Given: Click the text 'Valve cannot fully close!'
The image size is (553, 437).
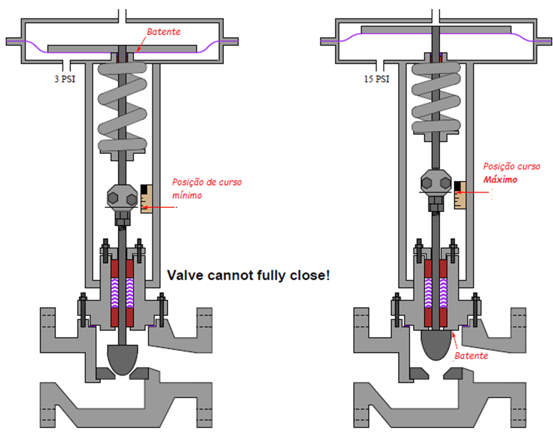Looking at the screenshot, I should (x=248, y=274).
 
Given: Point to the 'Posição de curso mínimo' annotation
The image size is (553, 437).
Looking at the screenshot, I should (x=206, y=189).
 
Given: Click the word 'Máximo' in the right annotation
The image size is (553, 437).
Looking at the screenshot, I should (x=500, y=180).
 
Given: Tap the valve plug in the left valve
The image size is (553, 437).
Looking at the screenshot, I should (x=123, y=358).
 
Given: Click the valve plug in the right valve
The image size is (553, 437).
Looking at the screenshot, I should (x=437, y=344).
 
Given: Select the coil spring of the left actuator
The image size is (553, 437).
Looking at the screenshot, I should (x=122, y=106).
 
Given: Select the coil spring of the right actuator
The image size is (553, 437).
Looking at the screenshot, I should (x=437, y=97).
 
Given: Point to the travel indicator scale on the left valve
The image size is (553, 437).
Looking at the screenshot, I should (x=146, y=199).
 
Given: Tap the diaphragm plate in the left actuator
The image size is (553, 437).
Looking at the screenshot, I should (x=122, y=47).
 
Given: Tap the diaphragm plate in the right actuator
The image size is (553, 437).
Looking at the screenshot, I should (x=437, y=29).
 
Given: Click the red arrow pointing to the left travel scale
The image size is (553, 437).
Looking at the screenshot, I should (x=162, y=206).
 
